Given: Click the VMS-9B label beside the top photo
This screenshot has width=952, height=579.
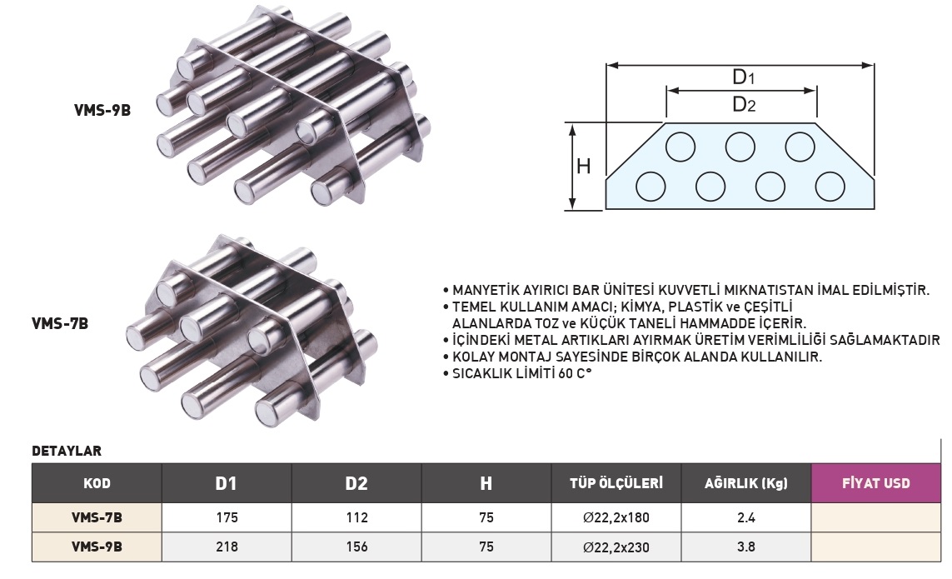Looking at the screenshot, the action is (102, 110).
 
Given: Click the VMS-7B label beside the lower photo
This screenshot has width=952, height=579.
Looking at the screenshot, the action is (60, 323).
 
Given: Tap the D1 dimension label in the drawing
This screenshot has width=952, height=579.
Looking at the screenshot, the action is (743, 77).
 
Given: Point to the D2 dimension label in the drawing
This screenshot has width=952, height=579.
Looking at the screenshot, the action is (744, 104).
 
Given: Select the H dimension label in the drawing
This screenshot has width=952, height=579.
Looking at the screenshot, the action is (584, 166).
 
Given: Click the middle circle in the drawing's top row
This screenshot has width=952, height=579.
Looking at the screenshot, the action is (740, 147).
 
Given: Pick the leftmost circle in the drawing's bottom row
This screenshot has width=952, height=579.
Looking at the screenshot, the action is (650, 186).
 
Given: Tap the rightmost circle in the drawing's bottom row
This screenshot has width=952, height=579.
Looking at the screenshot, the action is (830, 186).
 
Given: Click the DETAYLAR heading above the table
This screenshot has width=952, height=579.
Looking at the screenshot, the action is (67, 451).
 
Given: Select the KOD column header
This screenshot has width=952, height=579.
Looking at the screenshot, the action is (97, 484).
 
